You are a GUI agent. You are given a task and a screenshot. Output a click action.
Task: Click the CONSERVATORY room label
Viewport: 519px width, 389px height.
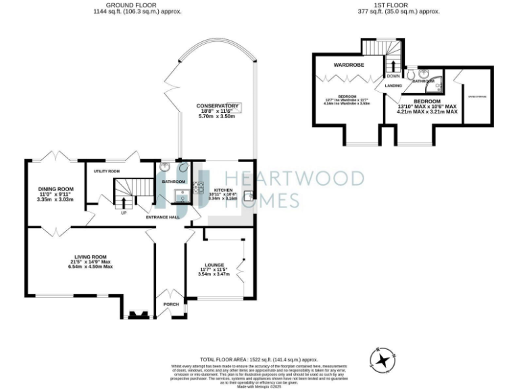click(217, 106)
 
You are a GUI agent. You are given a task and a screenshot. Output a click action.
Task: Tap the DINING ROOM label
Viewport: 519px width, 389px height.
click(55, 188)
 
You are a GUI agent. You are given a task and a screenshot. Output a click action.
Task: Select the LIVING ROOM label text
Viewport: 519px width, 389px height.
click(91, 257)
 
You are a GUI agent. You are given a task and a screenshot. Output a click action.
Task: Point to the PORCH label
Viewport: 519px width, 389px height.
click(171, 305)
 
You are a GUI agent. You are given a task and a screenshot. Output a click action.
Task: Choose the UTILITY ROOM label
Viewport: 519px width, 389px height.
click(107, 172)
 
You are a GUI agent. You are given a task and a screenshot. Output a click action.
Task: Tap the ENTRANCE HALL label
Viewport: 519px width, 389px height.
click(163, 217)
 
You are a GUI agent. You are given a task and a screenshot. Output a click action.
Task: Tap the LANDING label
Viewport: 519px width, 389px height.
click(393, 86)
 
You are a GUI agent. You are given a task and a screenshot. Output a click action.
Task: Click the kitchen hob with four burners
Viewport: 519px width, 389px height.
click(199, 188)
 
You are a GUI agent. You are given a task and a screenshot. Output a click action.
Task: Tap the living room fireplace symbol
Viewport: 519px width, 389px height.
click(139, 313)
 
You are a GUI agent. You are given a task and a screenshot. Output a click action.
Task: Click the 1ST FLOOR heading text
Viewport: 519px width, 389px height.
click(397, 5)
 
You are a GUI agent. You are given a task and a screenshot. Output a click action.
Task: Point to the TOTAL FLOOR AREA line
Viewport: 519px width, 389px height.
click(259, 359)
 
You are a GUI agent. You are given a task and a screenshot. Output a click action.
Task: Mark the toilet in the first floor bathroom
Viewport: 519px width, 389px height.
click(412, 73)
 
